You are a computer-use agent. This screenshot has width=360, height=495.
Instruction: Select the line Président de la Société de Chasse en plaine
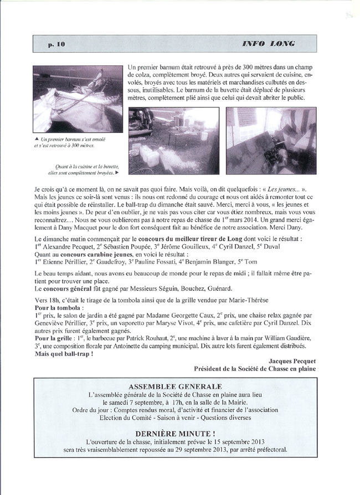[254, 368]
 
